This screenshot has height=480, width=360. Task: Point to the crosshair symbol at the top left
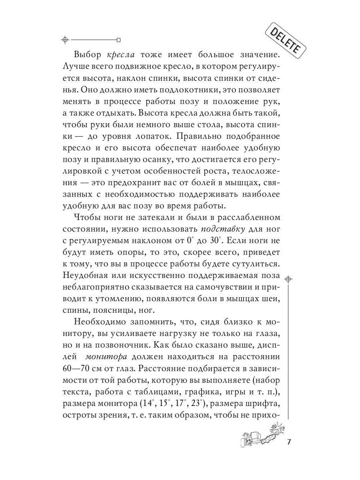coord(65,40)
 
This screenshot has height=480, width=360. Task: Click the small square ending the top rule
coord(118,40)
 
